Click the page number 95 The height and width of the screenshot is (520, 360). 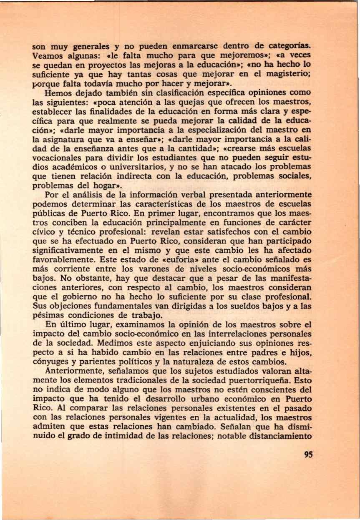tap(309, 455)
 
